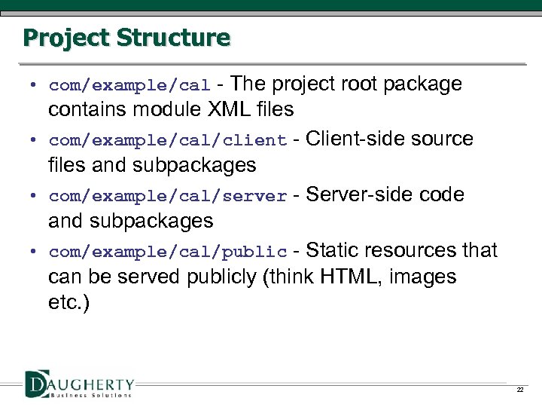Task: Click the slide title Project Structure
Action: tap(126, 37)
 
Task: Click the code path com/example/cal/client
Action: tap(168, 141)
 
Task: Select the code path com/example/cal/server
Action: tap(168, 197)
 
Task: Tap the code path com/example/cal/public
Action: tap(168, 252)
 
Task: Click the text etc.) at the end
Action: tap(68, 304)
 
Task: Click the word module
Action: tap(166, 110)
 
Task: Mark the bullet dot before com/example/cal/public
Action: tap(35, 252)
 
